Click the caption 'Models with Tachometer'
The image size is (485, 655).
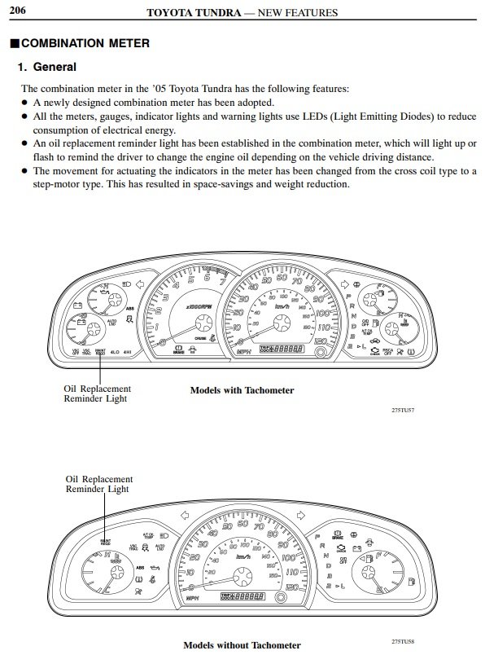coord(242,390)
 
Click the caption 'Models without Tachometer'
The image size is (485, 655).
coord(242,645)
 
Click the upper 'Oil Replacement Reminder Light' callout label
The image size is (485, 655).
coord(97,393)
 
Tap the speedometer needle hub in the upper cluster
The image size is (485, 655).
coord(282,322)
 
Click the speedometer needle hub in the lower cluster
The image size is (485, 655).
coord(241,578)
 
